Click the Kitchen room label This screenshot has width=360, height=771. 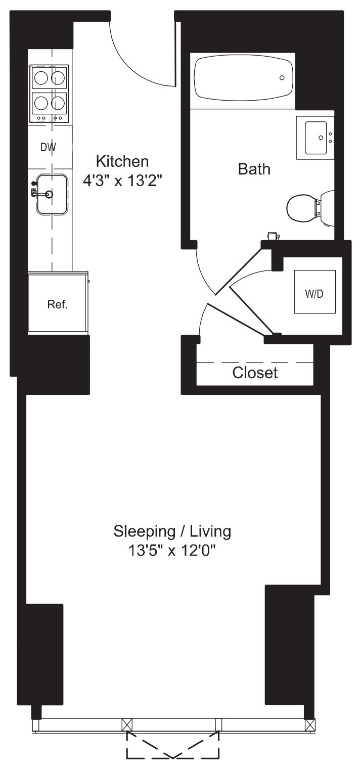click(x=122, y=162)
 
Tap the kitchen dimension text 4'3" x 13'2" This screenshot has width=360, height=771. click(x=124, y=180)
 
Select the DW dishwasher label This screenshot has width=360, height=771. click(x=48, y=148)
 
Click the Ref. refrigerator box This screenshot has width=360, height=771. click(x=57, y=304)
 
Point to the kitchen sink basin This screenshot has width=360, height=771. click(x=52, y=194)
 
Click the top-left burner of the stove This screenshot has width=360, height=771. click(x=40, y=78)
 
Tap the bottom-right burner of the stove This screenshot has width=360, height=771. click(x=59, y=103)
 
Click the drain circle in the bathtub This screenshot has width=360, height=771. click(x=282, y=78)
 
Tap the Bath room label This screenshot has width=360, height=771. click(x=254, y=169)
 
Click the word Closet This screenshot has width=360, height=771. click(x=255, y=373)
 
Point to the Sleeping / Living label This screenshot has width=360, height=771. click(x=172, y=531)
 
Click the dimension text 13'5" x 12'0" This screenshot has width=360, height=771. click(x=172, y=550)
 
